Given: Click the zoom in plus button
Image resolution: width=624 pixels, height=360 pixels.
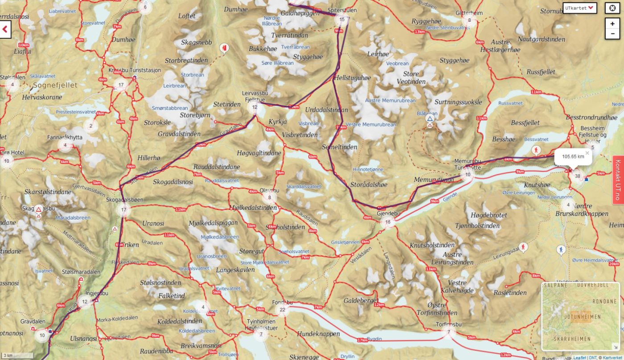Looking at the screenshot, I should coord(612,24).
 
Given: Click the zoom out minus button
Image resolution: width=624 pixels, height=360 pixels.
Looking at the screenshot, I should coord(612,33).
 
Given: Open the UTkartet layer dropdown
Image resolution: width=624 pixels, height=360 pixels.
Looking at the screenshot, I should coord(579,8).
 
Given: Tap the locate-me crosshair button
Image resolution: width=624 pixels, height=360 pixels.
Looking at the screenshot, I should coord(612,8).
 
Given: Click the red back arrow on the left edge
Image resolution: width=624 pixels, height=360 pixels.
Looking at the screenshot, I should coord(5,29).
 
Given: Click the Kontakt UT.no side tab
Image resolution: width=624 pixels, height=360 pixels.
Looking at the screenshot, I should coord(618,180).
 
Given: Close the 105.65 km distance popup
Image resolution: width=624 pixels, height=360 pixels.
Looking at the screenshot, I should coord(587,153).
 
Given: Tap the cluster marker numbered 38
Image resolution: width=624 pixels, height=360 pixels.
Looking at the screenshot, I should coord(578,176).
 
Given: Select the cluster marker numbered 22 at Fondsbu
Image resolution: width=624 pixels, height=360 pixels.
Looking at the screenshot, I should coord(282,310).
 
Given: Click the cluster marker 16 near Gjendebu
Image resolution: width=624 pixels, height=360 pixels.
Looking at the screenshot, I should coord(388,222).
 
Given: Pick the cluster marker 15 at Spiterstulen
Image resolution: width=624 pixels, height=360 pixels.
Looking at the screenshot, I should coord(342,19).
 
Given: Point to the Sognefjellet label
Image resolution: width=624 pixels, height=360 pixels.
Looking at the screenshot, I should coord(55,85).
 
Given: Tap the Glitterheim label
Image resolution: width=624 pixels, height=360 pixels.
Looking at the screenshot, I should coord(469,13).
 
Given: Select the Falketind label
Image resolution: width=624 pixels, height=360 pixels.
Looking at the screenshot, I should coord(172,296).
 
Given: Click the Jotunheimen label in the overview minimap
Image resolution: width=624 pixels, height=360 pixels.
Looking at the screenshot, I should coord(581,317).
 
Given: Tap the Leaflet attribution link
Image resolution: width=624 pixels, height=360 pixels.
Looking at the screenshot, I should coord(579,357).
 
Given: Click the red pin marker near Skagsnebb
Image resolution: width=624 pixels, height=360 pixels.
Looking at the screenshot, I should coord(225,47).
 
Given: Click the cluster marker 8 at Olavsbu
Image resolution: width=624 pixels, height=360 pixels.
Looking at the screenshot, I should coord(269,198).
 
